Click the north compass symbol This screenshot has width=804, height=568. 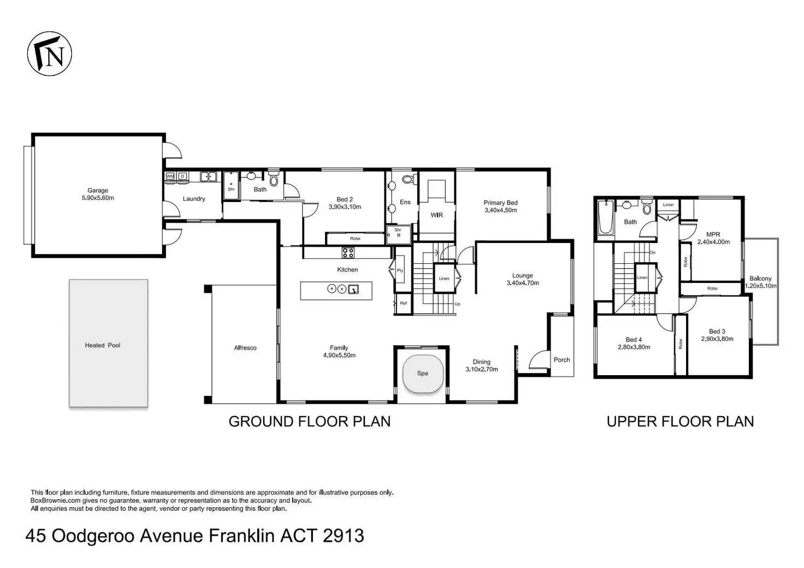[50, 54]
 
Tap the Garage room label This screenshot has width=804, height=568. [98, 191]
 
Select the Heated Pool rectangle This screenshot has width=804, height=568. [108, 343]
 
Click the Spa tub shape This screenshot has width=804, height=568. [423, 374]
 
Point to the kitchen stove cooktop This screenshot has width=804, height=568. [348, 253]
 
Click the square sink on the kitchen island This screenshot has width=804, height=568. [353, 289]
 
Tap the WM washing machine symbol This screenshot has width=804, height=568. [170, 176]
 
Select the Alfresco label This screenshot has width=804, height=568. [245, 348]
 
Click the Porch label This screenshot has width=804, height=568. [561, 360]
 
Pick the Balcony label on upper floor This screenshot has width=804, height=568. [760, 279]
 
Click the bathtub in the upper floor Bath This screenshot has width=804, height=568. [606, 217]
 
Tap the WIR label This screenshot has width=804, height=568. [437, 215]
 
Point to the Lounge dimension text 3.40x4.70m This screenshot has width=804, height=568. [523, 283]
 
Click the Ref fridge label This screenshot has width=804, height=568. [404, 303]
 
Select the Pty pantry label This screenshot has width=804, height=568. [400, 270]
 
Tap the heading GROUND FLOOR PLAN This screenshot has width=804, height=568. [309, 422]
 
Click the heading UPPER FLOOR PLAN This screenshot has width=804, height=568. [680, 422]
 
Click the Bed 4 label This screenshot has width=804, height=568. [634, 340]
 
